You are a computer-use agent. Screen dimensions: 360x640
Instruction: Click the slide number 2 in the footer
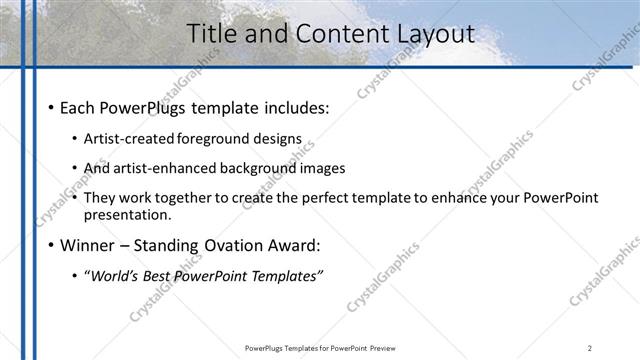pos(589,348)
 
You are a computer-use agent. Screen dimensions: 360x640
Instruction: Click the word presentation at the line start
pos(127,214)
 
